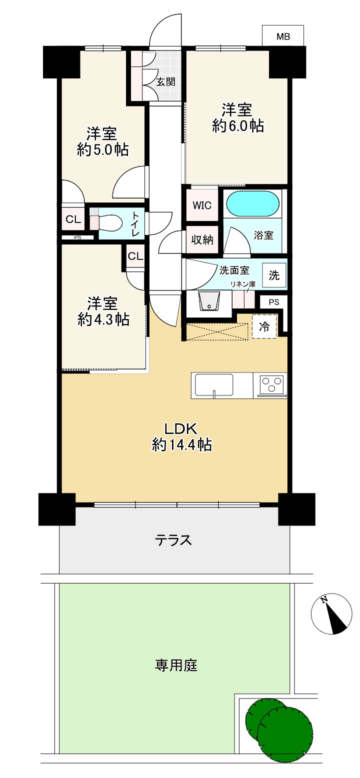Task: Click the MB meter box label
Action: point(283,36)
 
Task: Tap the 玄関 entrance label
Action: point(165,82)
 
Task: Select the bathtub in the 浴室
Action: point(252,204)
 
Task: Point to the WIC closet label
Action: point(202,205)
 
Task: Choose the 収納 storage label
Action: point(202,239)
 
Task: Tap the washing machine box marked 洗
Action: point(274,275)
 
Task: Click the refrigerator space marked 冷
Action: point(264,326)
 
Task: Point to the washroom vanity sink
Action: point(209,302)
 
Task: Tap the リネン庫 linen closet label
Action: point(243,284)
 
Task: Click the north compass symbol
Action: point(331,613)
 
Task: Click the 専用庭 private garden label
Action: point(176,665)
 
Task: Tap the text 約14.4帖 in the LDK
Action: point(182,444)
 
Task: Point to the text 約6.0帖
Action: point(238,125)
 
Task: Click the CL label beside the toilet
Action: point(73,219)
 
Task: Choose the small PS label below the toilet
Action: point(78,238)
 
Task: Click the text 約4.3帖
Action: point(103,319)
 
